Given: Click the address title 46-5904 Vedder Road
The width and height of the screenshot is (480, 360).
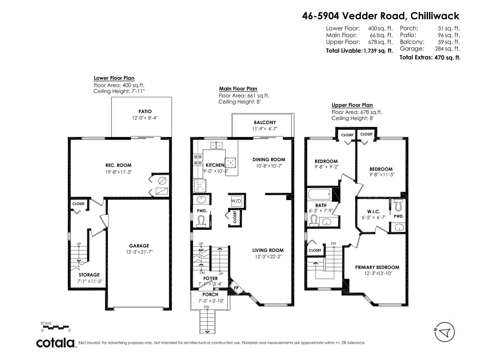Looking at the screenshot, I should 380,16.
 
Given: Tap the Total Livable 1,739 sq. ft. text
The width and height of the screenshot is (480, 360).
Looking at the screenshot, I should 359,51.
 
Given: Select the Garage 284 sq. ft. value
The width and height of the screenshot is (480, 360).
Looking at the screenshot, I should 447,49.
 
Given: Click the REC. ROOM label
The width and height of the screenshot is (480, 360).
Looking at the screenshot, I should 118,165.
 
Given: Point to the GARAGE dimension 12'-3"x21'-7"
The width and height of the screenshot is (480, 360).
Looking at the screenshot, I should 139,252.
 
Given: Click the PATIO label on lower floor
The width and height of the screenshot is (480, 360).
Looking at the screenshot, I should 145,111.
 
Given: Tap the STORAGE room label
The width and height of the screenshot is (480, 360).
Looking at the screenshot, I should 89,275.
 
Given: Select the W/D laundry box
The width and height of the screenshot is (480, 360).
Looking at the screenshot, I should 236,201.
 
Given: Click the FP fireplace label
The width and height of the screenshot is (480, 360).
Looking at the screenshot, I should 236,288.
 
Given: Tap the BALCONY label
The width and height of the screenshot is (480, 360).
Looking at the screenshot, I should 265,122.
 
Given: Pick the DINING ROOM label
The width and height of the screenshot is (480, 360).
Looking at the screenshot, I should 269,160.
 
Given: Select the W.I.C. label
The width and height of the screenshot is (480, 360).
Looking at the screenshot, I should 373,212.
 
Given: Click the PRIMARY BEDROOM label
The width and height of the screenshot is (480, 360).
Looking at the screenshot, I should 377,267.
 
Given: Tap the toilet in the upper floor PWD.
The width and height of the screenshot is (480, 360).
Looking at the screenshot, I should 398,205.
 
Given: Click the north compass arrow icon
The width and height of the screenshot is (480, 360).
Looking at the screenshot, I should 445,332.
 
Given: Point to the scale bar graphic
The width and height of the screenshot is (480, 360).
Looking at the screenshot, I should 56,327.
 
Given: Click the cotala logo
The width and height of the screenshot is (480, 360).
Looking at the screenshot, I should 56,343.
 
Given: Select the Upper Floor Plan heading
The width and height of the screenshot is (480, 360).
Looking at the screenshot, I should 352,105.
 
